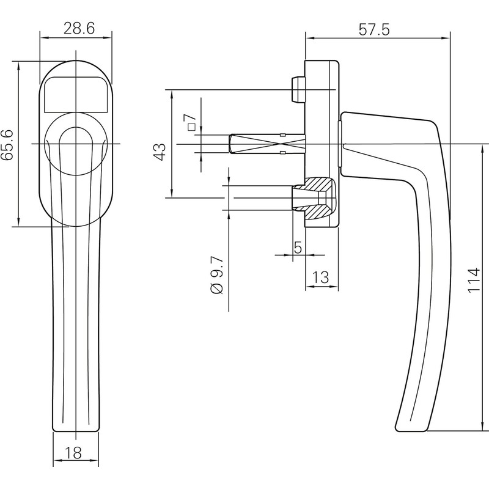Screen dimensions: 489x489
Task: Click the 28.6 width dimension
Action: (x=79, y=29)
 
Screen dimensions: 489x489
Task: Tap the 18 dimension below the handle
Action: (x=74, y=452)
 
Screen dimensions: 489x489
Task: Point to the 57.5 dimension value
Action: (x=374, y=30)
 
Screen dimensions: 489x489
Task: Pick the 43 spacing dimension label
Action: (x=160, y=152)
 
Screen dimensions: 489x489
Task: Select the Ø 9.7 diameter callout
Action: (x=217, y=276)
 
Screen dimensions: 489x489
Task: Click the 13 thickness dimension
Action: (x=320, y=277)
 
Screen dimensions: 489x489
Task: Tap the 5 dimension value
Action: (x=298, y=248)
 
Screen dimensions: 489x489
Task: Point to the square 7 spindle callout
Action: (x=190, y=122)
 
